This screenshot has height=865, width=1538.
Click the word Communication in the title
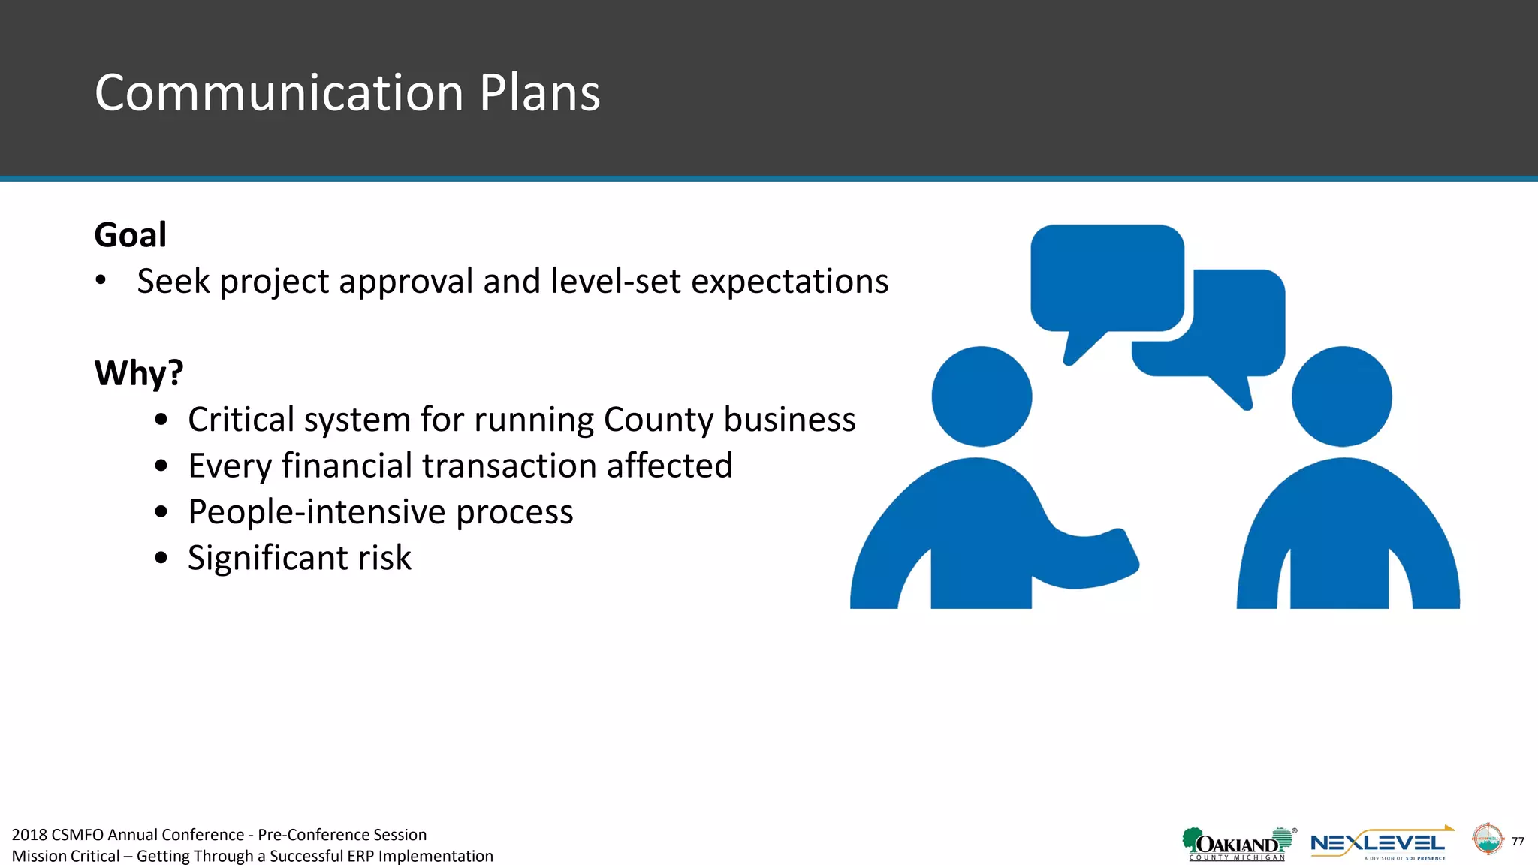pyautogui.click(x=279, y=93)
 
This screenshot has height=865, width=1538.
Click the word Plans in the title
pyautogui.click(x=539, y=93)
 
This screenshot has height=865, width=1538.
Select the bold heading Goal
pyautogui.click(x=130, y=235)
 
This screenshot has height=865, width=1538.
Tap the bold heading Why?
pyautogui.click(x=138, y=373)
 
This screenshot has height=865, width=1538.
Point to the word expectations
pyautogui.click(x=789, y=282)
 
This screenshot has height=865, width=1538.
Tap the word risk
pyautogui.click(x=384, y=558)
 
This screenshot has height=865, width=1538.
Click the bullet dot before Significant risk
pyautogui.click(x=161, y=558)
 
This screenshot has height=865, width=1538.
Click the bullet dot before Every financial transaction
pyautogui.click(x=161, y=466)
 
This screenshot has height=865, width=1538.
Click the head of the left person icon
pyautogui.click(x=982, y=396)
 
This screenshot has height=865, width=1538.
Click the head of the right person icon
pyautogui.click(x=1341, y=396)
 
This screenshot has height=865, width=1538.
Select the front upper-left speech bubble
pyautogui.click(x=1106, y=278)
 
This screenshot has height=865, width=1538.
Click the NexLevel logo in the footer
pyautogui.click(x=1380, y=844)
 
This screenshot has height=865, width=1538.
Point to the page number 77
pyautogui.click(x=1518, y=842)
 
